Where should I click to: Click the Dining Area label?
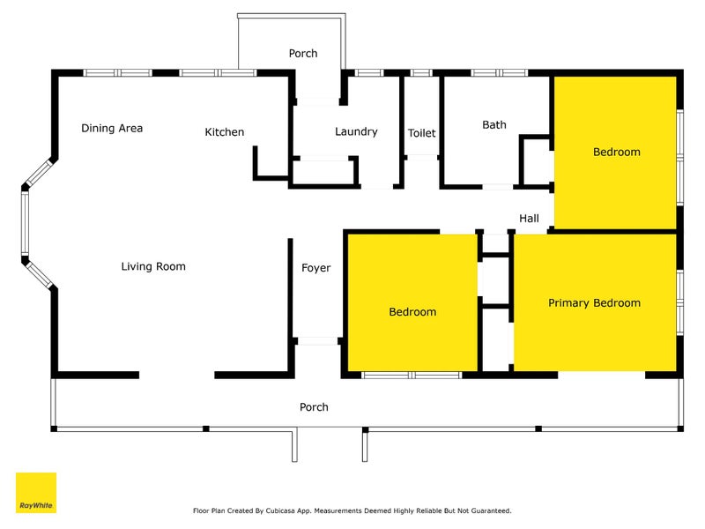(112, 128)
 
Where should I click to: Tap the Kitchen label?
(225, 131)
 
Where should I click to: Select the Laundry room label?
(356, 131)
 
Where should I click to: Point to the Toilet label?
(422, 133)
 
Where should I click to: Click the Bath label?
(494, 124)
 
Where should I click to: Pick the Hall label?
(530, 219)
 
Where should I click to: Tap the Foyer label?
(316, 268)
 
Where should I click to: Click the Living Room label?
(153, 266)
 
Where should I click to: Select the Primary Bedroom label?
(594, 302)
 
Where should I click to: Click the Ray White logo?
(36, 493)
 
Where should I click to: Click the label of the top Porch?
(303, 54)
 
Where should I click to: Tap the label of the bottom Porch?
(314, 407)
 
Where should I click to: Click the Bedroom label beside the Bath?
(617, 152)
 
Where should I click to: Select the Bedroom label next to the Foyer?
(412, 312)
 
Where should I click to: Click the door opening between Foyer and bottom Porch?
(317, 341)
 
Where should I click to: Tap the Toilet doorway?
(421, 158)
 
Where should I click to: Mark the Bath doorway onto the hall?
(497, 186)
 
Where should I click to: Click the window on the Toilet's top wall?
(421, 73)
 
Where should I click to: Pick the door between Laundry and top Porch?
(318, 101)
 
